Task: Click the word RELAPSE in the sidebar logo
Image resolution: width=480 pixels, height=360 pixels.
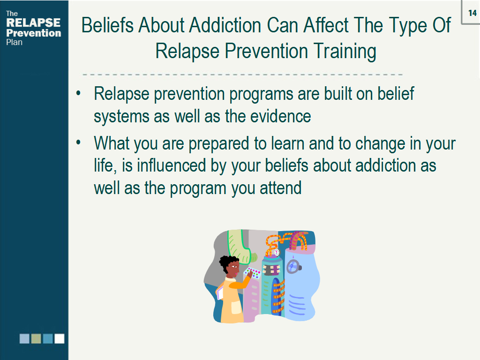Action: tap(33, 23)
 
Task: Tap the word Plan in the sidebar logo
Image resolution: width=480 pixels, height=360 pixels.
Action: tap(15, 42)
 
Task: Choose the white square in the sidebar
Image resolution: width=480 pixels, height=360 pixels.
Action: tap(59, 338)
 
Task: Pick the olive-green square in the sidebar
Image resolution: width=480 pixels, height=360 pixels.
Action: tap(36, 338)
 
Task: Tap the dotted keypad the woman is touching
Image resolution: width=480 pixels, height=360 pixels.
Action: tap(253, 273)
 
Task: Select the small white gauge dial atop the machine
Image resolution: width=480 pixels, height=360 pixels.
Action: tap(277, 252)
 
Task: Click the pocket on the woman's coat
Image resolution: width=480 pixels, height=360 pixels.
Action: tap(232, 307)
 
